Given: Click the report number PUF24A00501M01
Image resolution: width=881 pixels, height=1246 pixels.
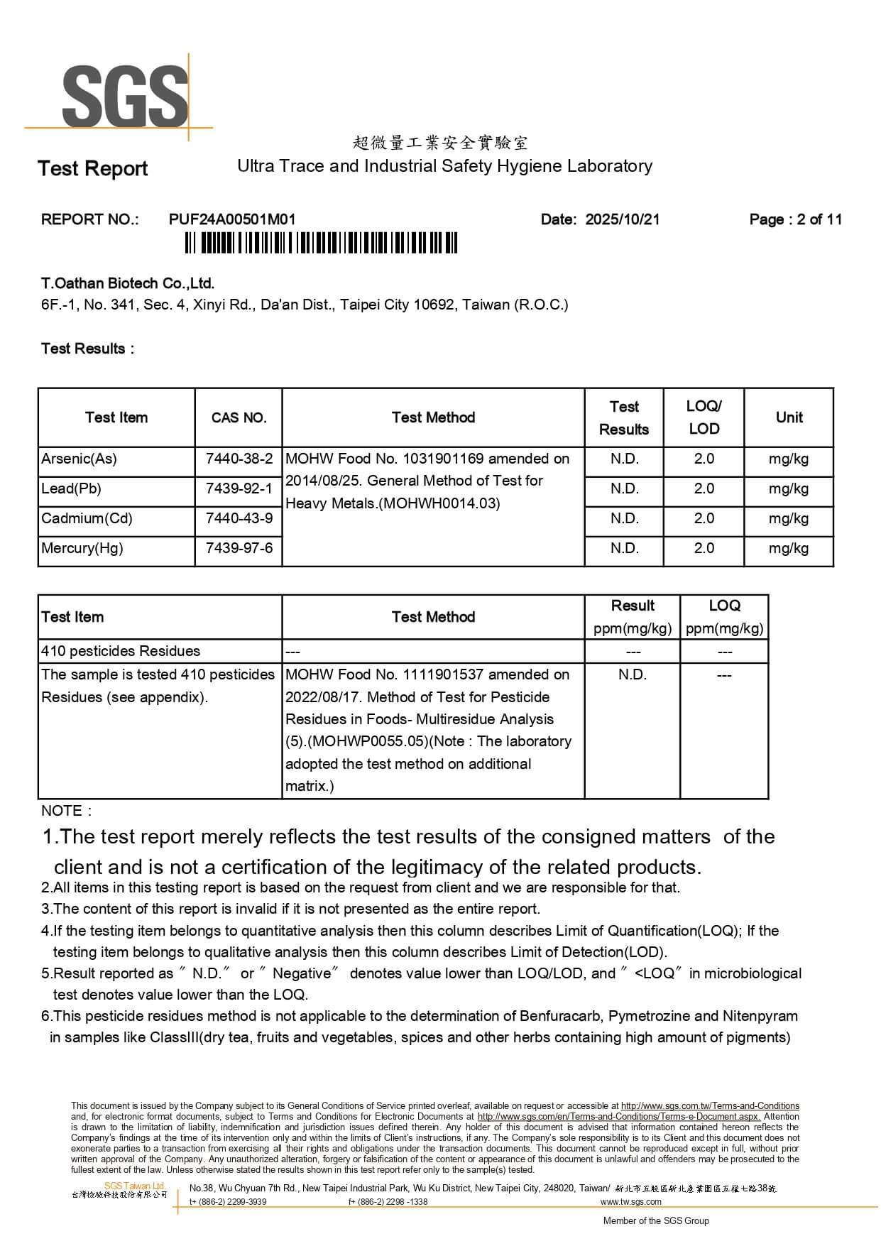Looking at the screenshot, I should pyautogui.click(x=232, y=219).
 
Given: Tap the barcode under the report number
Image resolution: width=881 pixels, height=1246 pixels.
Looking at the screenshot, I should pyautogui.click(x=321, y=244).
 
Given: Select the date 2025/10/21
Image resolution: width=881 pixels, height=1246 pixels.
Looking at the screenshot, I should pyautogui.click(x=622, y=219).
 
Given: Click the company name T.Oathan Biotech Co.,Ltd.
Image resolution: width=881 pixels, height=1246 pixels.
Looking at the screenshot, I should pyautogui.click(x=128, y=283).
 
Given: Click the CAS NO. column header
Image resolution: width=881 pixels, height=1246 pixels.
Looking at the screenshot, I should pyautogui.click(x=239, y=417).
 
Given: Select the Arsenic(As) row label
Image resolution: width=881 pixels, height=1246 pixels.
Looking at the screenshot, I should pyautogui.click(x=80, y=459).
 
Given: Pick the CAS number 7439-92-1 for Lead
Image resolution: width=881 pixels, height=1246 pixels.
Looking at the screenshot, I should pyautogui.click(x=239, y=488).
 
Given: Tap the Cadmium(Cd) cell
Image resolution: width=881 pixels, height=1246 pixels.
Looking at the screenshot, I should pyautogui.click(x=87, y=518).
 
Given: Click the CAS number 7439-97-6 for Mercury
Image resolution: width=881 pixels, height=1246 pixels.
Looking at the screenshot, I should pyautogui.click(x=239, y=548).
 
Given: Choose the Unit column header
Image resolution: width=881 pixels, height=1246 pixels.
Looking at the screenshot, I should pyautogui.click(x=789, y=417).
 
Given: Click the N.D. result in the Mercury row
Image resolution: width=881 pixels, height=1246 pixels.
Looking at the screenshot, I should pyautogui.click(x=624, y=548).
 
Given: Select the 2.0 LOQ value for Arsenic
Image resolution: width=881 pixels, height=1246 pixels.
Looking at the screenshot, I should pyautogui.click(x=704, y=459).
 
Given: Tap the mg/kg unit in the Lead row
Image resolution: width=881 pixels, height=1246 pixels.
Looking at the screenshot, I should pyautogui.click(x=788, y=488).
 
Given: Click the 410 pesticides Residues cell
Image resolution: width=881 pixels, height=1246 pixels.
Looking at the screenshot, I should pyautogui.click(x=121, y=651).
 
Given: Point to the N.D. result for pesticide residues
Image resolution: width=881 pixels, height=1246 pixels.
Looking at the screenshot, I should pyautogui.click(x=632, y=674).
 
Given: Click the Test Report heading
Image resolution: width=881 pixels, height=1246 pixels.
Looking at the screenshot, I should pyautogui.click(x=92, y=169).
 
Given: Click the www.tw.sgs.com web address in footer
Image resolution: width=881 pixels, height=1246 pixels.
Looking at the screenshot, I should pyautogui.click(x=630, y=1202).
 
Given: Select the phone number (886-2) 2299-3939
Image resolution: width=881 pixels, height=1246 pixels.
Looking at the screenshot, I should pyautogui.click(x=228, y=1202).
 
